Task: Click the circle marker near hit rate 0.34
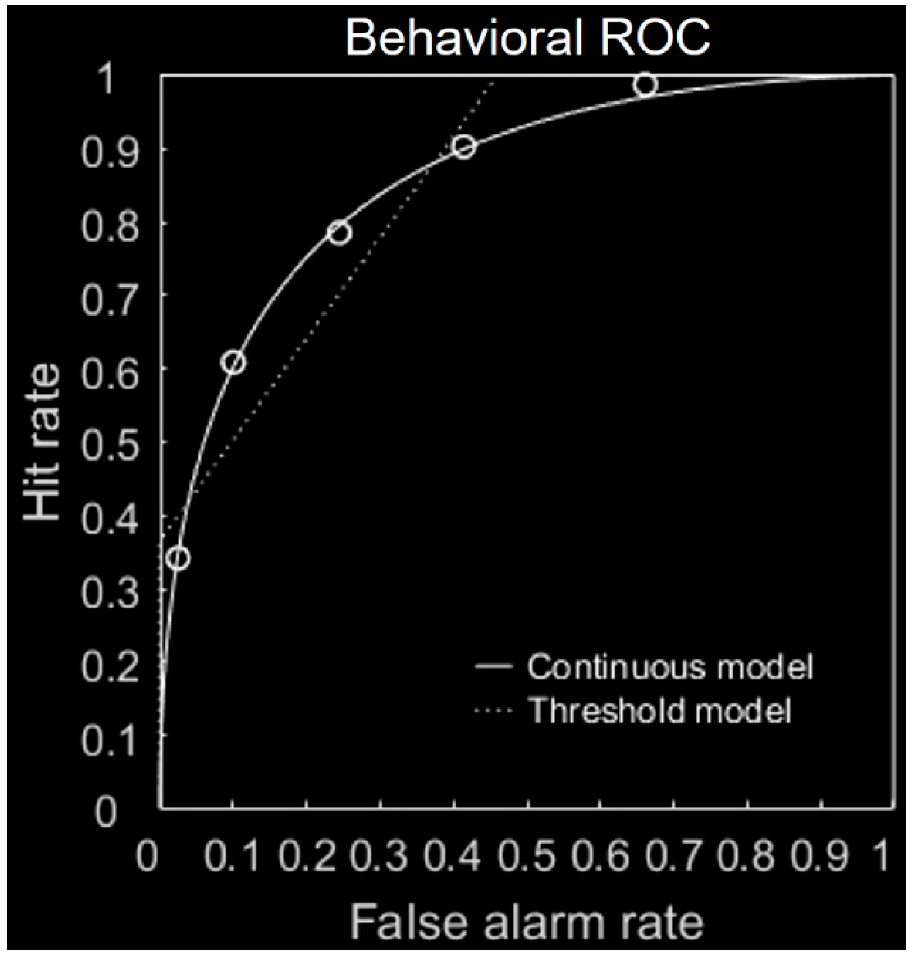178,558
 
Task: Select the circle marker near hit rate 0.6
234,362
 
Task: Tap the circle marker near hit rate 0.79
340,233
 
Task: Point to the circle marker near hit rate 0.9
464,147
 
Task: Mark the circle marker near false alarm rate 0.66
645,84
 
